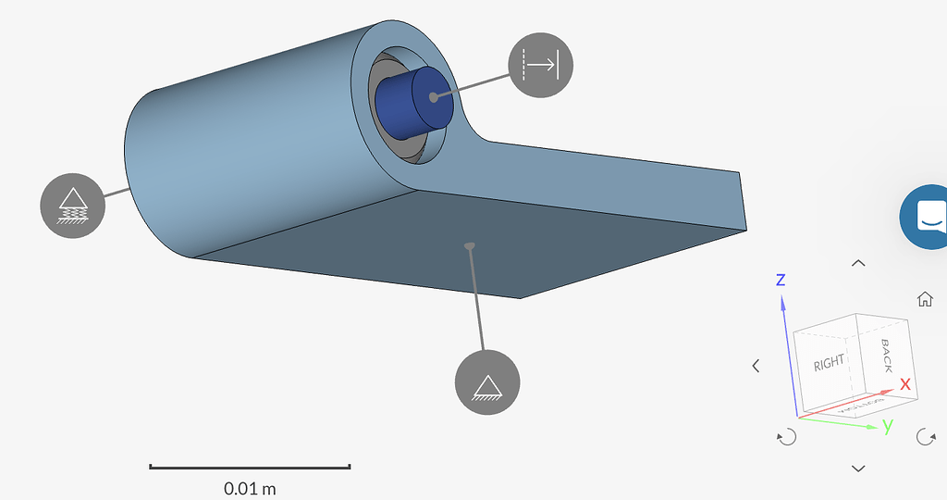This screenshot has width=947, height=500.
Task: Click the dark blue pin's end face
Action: coord(433,97)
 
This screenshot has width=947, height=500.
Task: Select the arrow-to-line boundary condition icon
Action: coord(541,64)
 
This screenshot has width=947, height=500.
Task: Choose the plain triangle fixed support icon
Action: coord(487,382)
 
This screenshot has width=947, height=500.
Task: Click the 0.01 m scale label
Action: coord(250,487)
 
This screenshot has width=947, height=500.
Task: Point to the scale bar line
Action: coord(250,467)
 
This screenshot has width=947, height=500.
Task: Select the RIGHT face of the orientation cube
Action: coord(829,364)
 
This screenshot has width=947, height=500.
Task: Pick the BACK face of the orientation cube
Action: coord(884,356)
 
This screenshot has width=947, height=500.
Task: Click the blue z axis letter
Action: coord(781,280)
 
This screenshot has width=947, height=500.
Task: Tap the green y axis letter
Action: coord(887,426)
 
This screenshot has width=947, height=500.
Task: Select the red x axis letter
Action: coord(905,383)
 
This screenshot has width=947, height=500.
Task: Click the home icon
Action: coord(924,299)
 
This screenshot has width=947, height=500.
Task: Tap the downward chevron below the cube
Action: coord(858,469)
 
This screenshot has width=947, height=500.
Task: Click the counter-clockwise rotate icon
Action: coord(787,437)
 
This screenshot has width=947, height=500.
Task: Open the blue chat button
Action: coord(927,217)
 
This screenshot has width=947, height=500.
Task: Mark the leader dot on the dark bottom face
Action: coord(470,245)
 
